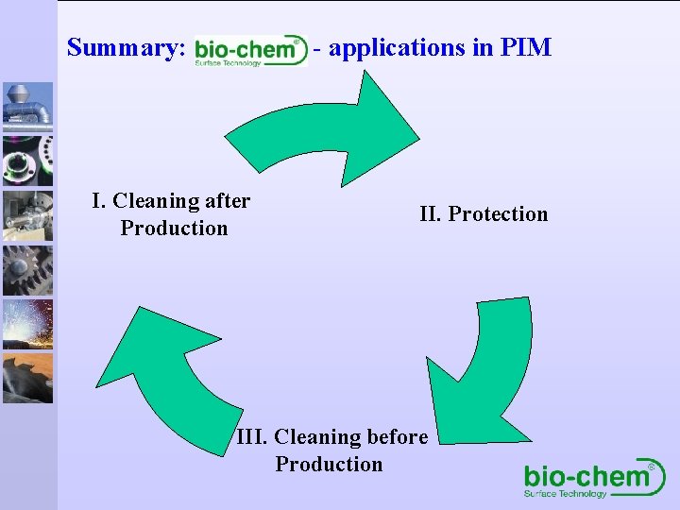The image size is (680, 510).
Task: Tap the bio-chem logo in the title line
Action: click(250, 50)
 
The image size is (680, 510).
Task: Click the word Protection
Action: click(498, 214)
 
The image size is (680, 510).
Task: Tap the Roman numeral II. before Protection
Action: click(431, 214)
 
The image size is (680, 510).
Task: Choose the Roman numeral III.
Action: click(252, 437)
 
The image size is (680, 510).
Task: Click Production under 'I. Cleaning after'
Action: click(174, 229)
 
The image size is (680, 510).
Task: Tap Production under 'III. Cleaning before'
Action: click(329, 465)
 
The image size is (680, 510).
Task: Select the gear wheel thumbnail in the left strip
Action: click(27, 270)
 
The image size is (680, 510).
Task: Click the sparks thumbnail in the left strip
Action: click(27, 324)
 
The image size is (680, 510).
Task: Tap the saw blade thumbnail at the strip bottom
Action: click(27, 378)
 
